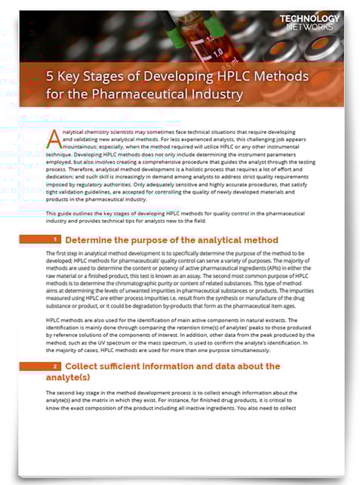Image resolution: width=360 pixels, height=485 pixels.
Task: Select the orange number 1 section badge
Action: [45, 239]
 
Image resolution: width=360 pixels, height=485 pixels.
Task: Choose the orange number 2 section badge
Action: [45, 366]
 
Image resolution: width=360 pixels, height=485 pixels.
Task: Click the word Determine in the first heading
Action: [91, 239]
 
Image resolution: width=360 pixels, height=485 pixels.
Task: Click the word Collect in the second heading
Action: [83, 366]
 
